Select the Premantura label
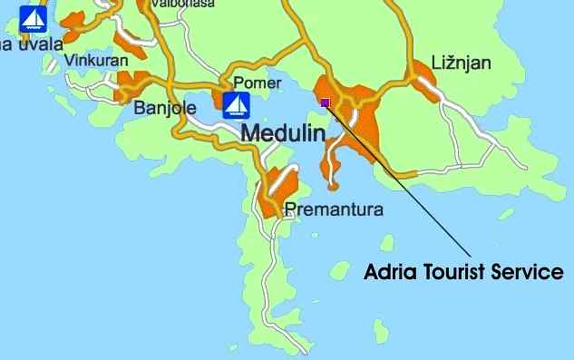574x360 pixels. [x=334, y=209]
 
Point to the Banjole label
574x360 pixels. [x=165, y=108]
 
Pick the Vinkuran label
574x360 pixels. [x=97, y=61]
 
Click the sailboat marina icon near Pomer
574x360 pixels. [x=237, y=105]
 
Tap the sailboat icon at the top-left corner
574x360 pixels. [x=33, y=18]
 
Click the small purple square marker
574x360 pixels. [x=326, y=102]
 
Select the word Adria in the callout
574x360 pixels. [x=390, y=272]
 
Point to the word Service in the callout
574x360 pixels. [x=530, y=272]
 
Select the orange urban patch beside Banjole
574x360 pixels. [x=134, y=83]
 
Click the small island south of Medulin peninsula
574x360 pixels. [x=386, y=243]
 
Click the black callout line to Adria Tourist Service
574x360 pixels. [x=399, y=181]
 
